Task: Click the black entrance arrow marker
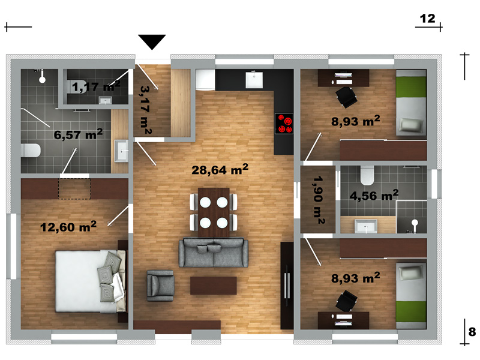pyautogui.click(x=152, y=41)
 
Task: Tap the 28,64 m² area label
pyautogui.click(x=220, y=169)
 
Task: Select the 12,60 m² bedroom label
pyautogui.click(x=68, y=227)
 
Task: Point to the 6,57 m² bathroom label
pyautogui.click(x=78, y=134)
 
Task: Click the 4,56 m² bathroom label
pyautogui.click(x=374, y=195)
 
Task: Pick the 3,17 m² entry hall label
pyautogui.click(x=146, y=110)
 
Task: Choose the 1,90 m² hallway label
pyautogui.click(x=319, y=200)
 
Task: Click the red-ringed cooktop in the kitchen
pyautogui.click(x=284, y=124)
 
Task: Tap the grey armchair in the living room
pyautogui.click(x=160, y=286)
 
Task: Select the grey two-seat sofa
pyautogui.click(x=214, y=253)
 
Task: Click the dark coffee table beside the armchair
pyautogui.click(x=214, y=286)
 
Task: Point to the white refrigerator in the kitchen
pyautogui.click(x=205, y=80)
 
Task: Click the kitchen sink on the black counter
pyautogui.click(x=254, y=80)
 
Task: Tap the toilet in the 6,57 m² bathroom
pyautogui.click(x=31, y=151)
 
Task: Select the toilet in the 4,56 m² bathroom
pyautogui.click(x=367, y=175)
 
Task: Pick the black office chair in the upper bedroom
pyautogui.click(x=347, y=97)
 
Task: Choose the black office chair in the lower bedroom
pyautogui.click(x=346, y=301)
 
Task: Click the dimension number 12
pyautogui.click(x=427, y=19)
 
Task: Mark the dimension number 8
pyautogui.click(x=472, y=332)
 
